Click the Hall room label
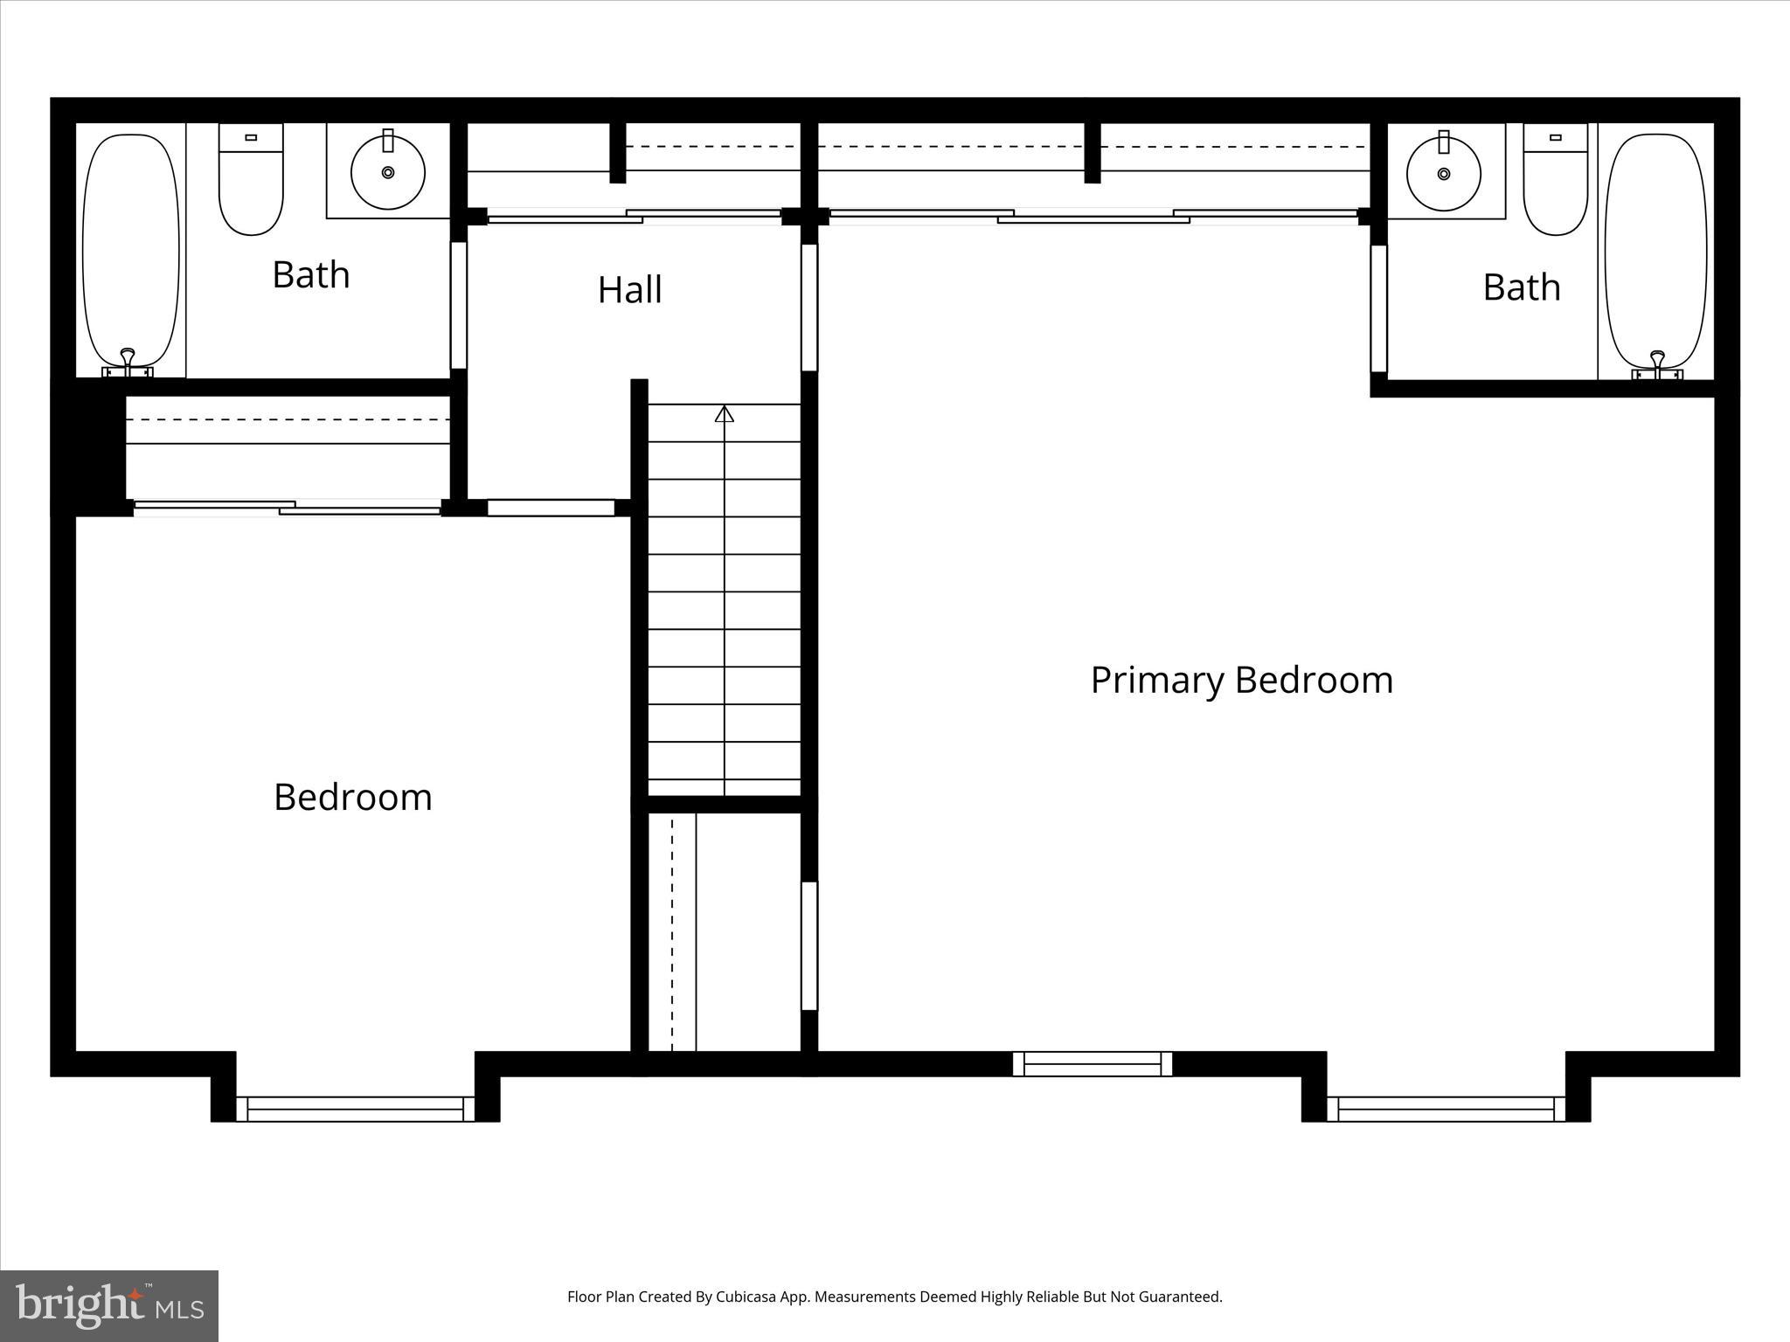point(629,290)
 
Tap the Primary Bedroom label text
point(1241,680)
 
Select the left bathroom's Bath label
point(311,274)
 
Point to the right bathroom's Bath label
point(1522,287)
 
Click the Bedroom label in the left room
point(353,797)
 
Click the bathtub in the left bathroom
point(131,249)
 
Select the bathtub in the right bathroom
point(1655,249)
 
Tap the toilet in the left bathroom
point(251,183)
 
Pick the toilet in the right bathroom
point(1555,183)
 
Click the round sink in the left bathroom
point(388,172)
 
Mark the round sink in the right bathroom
point(1444,173)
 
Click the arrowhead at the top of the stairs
point(724,414)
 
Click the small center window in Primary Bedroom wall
point(1092,1063)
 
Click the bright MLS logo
point(109,1305)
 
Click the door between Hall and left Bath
point(458,305)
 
